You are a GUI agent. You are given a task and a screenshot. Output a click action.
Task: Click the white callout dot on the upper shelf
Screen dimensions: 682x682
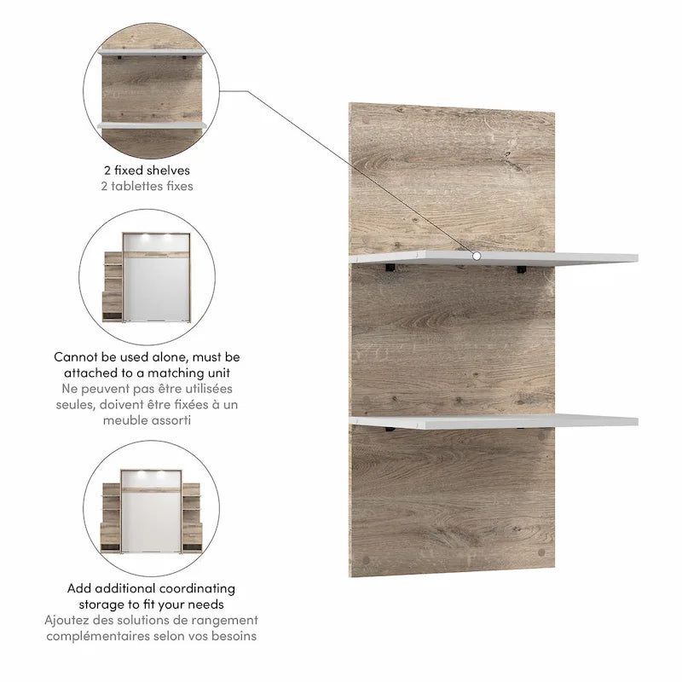point(477,257)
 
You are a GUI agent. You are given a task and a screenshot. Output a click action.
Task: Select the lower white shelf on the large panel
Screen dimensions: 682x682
point(494,421)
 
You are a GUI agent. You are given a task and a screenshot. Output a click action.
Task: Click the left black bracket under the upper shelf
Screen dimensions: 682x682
point(390,268)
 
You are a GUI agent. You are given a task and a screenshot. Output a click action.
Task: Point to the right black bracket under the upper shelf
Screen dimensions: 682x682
point(521,269)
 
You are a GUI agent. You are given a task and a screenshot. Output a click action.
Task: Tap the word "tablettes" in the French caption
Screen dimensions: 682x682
point(134,186)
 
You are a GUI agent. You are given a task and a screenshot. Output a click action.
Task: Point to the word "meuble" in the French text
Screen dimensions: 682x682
point(124,420)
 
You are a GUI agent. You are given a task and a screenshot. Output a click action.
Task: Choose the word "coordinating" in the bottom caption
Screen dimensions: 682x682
point(197,588)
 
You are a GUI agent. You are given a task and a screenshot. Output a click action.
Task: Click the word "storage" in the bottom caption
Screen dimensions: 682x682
point(101,604)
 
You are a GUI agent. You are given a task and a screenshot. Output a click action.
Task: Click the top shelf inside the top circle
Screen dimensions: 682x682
point(152,53)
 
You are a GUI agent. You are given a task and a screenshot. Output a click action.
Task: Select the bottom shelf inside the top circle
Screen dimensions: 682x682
point(152,125)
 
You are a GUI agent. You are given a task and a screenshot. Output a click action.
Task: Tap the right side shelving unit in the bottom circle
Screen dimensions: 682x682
point(192,517)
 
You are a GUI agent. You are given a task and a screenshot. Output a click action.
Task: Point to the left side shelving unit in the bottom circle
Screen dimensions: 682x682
point(111,517)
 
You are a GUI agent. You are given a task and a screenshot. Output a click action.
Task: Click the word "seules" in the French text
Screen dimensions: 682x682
point(75,404)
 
